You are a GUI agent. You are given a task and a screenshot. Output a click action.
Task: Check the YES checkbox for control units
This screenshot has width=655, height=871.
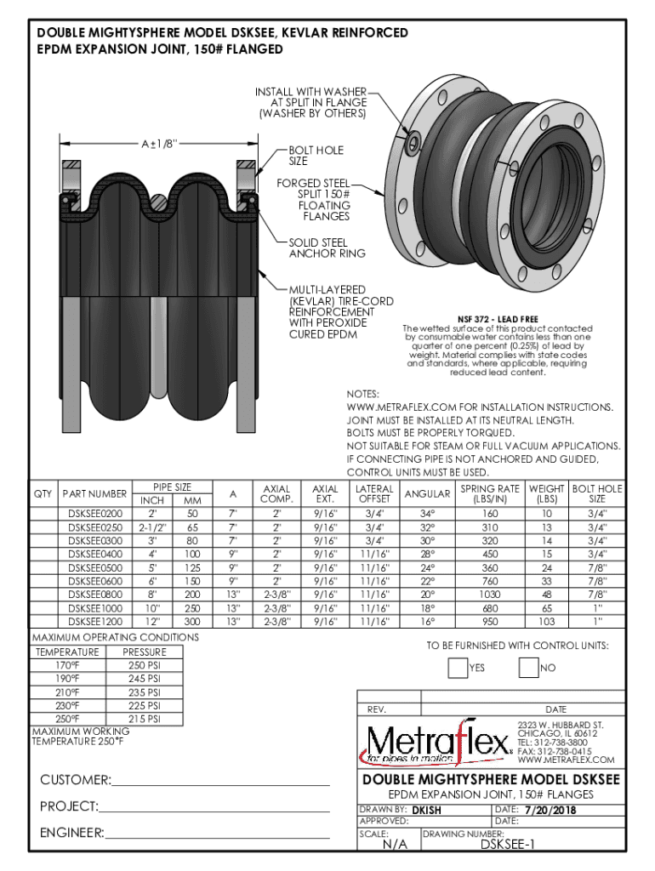point(457,668)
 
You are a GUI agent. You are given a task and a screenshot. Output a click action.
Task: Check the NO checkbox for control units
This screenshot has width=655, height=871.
point(527,668)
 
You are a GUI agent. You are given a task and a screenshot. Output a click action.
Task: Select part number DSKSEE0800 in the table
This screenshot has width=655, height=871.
point(94,594)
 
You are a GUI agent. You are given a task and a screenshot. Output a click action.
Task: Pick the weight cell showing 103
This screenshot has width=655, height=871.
point(547,622)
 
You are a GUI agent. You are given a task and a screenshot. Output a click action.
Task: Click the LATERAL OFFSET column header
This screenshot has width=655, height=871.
point(374,494)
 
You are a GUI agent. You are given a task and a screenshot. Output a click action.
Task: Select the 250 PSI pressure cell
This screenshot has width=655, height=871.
point(145,665)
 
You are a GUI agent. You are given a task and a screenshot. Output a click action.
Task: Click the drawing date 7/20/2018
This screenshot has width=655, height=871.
point(550,811)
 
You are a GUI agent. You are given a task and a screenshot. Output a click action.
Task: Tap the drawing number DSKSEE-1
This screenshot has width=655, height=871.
point(508,845)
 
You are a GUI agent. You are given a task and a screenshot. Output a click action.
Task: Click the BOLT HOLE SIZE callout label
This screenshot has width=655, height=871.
point(316,156)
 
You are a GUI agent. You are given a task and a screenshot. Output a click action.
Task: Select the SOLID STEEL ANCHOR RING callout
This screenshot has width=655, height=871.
point(327,248)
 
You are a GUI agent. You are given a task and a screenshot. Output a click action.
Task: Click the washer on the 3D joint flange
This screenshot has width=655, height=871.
point(414,139)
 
